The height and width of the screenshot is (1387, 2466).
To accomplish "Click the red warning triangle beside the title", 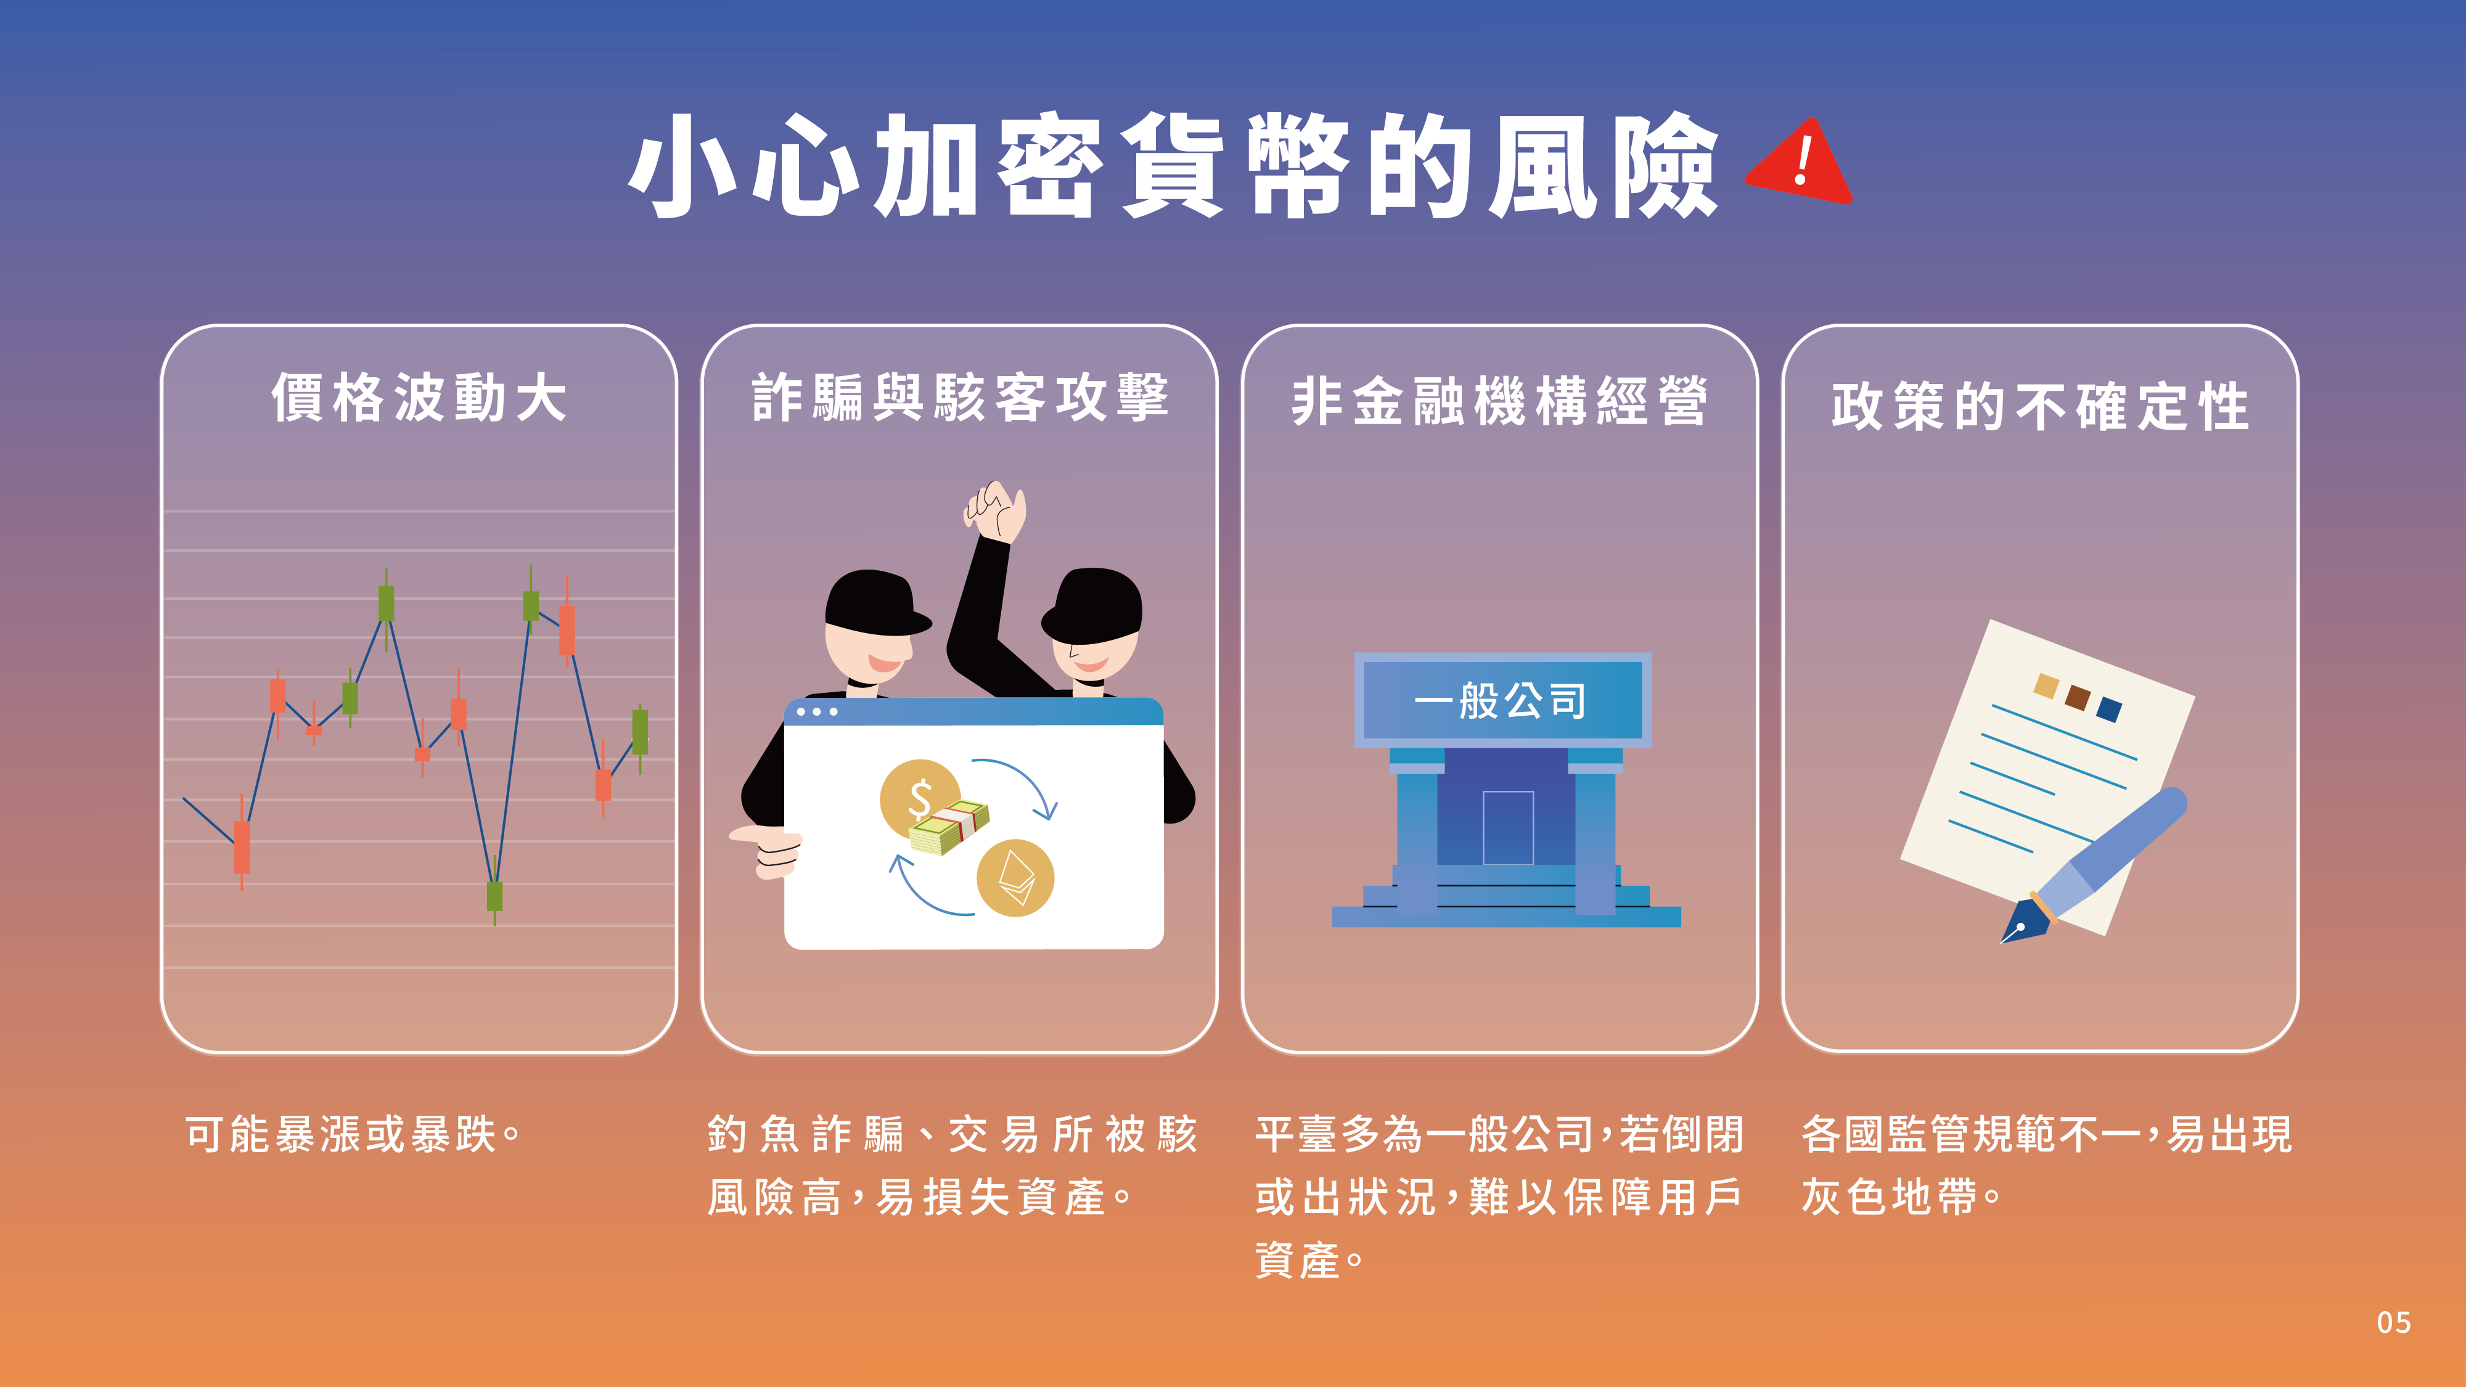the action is click(x=1800, y=163).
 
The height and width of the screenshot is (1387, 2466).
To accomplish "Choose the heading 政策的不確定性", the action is click(x=2040, y=406).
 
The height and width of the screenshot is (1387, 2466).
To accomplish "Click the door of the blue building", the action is click(x=1508, y=828).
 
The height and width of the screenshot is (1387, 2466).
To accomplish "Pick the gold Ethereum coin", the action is click(x=1015, y=878).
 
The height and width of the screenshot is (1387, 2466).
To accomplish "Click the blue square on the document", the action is click(x=2109, y=710).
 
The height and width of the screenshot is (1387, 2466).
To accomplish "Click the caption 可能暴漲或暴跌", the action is click(x=352, y=1134).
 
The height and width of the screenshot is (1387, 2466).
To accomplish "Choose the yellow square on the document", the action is click(x=2046, y=686).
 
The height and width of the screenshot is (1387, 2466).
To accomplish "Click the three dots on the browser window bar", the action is click(x=817, y=712).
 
